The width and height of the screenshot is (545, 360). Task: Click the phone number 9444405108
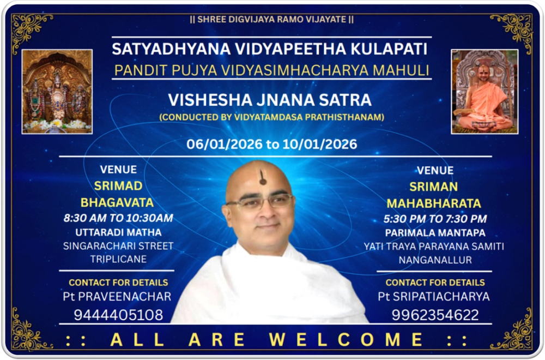pos(118,315)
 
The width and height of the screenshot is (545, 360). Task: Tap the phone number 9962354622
pos(435,315)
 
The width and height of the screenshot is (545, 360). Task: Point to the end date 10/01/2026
pos(320,144)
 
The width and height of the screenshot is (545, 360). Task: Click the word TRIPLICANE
pos(118,259)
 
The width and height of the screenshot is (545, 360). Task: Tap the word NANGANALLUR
pos(435,260)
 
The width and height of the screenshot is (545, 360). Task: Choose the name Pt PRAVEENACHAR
pos(117,296)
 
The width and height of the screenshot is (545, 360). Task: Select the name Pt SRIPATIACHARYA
pos(434,296)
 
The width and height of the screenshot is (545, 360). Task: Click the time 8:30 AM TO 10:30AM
pos(118,218)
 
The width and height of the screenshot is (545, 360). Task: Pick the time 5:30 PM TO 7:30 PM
pos(435,219)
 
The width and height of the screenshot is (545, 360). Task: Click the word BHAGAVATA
pos(117,202)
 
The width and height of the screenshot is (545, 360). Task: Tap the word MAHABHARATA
pos(434,203)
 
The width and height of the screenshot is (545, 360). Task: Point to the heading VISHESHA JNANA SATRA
pos(270,100)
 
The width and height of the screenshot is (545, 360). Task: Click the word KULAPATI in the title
pos(389,49)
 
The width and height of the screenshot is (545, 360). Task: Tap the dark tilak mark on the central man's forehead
pos(263,177)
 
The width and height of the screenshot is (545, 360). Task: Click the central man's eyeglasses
pos(260,201)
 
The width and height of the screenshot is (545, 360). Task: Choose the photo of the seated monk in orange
pos(485,92)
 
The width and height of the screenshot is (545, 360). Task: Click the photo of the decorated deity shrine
pos(57,92)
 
